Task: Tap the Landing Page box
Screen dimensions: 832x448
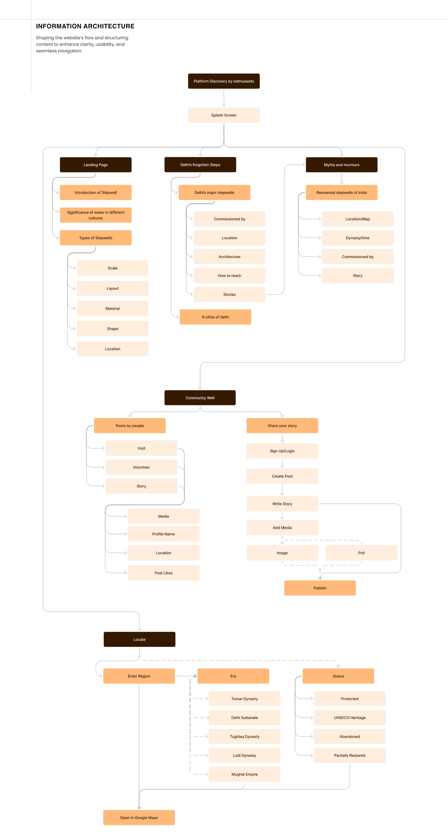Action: point(96,165)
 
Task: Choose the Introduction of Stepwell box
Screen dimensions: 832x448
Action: point(96,193)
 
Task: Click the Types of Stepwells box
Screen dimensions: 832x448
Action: point(96,238)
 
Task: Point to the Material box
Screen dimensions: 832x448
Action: point(113,309)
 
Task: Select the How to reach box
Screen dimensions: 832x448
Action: point(229,275)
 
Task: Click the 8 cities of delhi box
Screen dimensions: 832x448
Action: point(215,317)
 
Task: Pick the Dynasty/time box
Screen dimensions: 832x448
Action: point(357,238)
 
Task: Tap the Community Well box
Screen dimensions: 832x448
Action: point(200,398)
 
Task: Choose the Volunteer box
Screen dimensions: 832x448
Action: point(141,467)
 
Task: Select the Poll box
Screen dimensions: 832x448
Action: point(361,553)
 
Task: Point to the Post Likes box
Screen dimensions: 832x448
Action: point(163,573)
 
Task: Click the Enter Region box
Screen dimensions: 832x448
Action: point(139,676)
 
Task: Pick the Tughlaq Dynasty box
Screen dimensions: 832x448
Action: point(244,736)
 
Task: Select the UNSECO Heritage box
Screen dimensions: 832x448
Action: point(350,717)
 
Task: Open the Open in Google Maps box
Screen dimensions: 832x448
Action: point(139,817)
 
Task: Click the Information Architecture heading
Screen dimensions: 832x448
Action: point(85,26)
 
